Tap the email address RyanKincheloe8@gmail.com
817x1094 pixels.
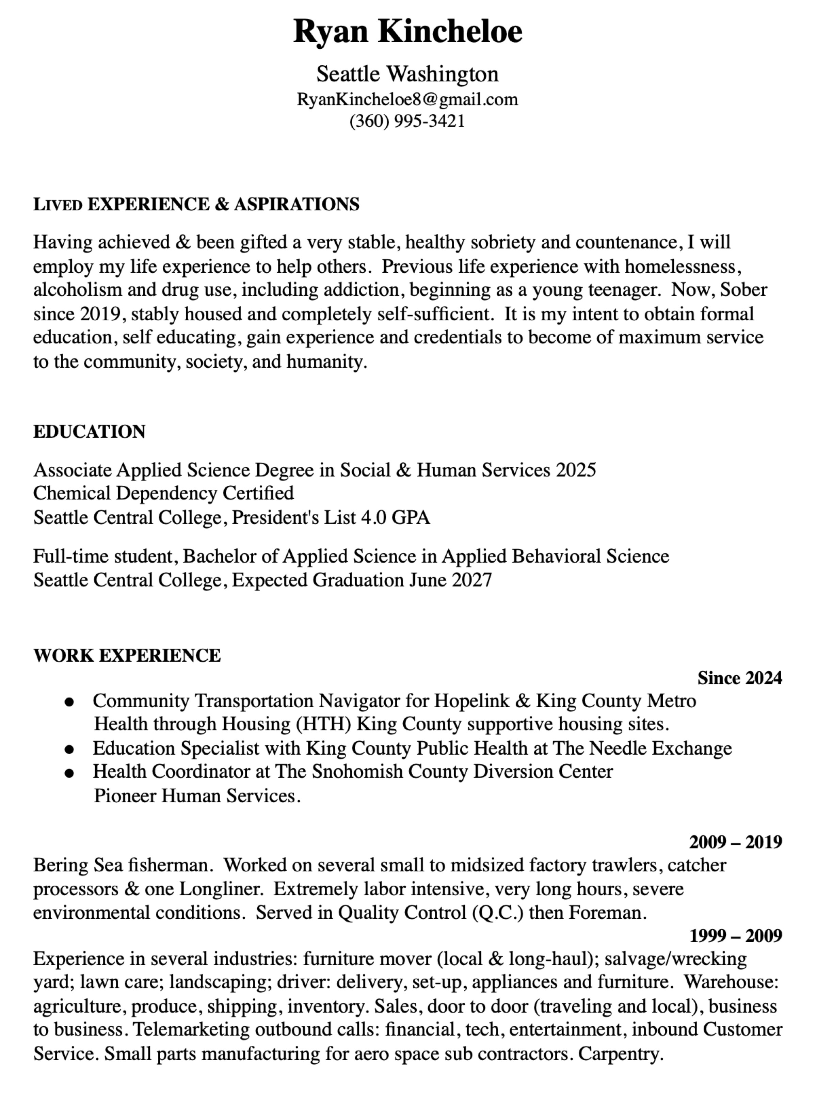tap(407, 99)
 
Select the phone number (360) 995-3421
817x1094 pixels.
tap(407, 121)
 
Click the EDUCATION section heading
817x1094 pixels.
tap(90, 432)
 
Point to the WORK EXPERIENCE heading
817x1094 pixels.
tap(127, 656)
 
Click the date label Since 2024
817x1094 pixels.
tap(739, 678)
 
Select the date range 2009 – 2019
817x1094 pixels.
tap(735, 842)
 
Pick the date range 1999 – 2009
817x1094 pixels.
tap(735, 936)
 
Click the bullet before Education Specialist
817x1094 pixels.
tap(70, 750)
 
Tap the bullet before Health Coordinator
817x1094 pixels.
tap(70, 773)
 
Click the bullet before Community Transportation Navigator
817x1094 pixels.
tap(70, 702)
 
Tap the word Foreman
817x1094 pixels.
tap(607, 913)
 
